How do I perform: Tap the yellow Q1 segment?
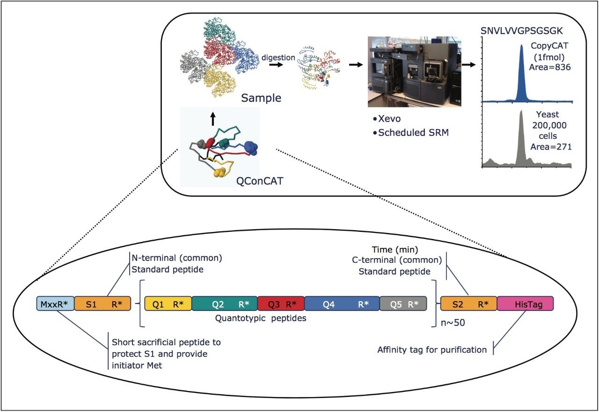tap(168, 304)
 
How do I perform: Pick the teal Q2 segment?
tap(224, 304)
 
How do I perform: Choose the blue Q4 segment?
tap(342, 304)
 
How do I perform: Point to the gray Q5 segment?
tap(403, 304)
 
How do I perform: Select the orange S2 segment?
tap(468, 304)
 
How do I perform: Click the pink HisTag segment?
tap(525, 304)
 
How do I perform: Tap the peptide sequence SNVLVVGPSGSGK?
tap(522, 31)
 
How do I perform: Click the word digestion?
tap(278, 58)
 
